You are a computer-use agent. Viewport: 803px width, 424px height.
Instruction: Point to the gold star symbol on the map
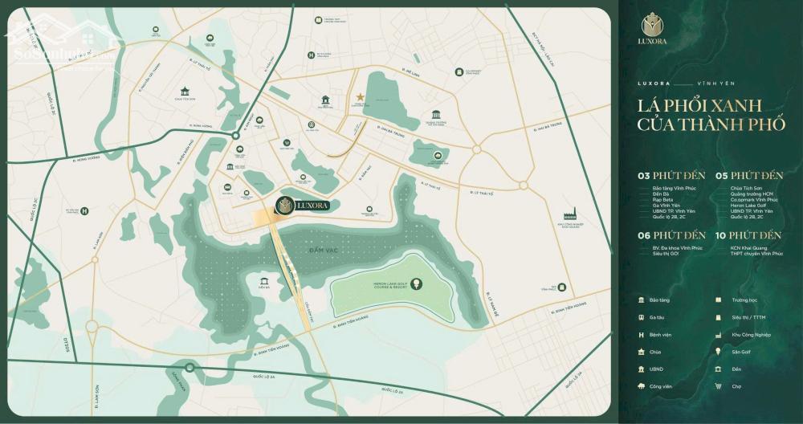point(361,98)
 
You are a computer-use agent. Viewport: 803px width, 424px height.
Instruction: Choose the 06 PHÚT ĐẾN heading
point(672,235)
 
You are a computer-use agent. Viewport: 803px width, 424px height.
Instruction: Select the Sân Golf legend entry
point(739,352)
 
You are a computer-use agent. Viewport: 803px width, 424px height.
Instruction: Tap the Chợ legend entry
point(735,386)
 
